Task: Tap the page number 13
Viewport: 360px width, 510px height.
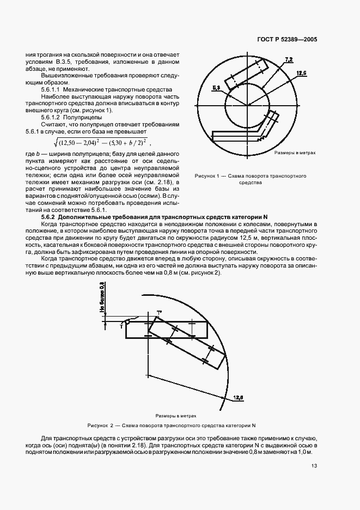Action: (315, 466)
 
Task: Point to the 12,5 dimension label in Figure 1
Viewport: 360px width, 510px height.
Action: (301, 72)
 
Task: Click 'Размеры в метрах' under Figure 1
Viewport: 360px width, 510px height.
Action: (295, 153)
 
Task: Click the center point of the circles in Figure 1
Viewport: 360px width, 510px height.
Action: (248, 105)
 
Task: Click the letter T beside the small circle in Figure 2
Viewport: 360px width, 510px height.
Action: (121, 325)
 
